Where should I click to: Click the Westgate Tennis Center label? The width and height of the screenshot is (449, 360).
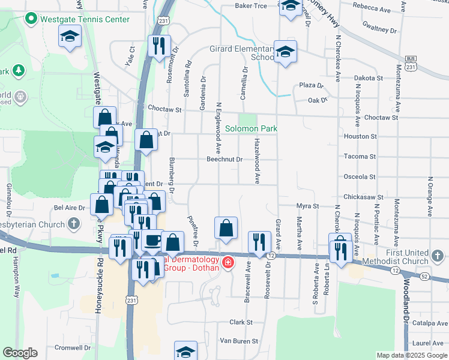84,19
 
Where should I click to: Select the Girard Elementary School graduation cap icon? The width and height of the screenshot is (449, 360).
285,52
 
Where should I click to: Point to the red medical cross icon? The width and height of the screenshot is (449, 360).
228,262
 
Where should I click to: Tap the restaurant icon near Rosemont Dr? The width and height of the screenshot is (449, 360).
159,47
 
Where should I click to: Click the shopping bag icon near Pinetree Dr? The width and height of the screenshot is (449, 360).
225,228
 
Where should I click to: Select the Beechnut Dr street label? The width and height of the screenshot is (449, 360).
224,160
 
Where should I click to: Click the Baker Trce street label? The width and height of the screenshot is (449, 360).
250,6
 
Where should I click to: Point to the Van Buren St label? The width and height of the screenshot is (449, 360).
238,341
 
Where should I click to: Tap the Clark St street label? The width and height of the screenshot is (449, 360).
240,322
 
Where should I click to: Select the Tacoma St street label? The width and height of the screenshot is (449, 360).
360,157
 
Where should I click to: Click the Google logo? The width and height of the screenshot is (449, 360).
20,353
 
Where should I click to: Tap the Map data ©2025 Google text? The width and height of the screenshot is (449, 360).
411,355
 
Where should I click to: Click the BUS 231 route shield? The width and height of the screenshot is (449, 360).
411,64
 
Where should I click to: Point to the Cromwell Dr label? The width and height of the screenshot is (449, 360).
71,347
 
